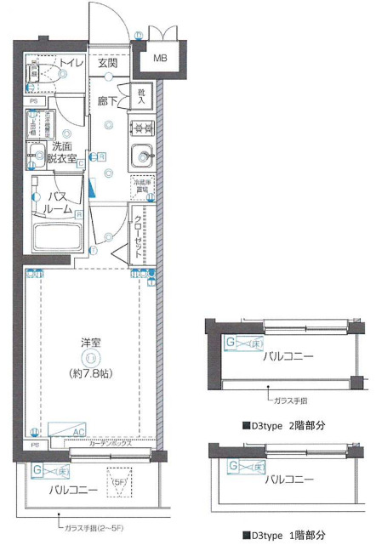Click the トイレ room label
(x=71, y=63)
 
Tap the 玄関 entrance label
(x=108, y=63)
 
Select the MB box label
(x=160, y=60)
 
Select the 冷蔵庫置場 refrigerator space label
(x=140, y=185)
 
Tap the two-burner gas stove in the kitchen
(x=140, y=129)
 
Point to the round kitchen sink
(x=140, y=156)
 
